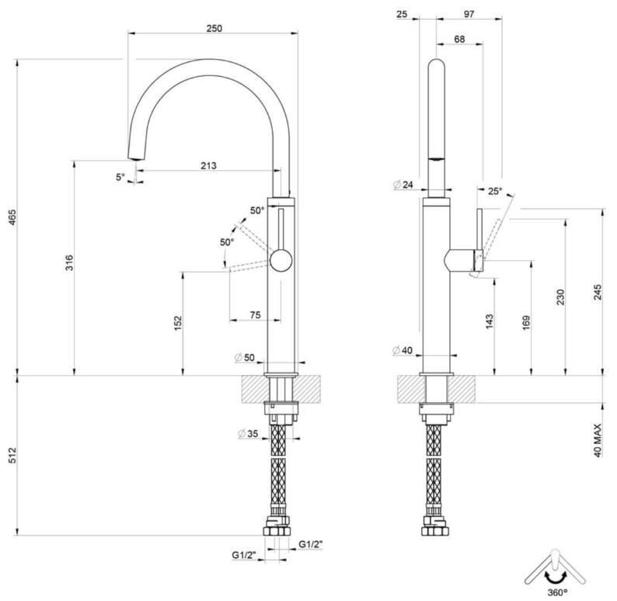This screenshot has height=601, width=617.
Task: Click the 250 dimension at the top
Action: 214,28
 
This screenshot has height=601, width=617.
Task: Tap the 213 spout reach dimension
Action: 207,165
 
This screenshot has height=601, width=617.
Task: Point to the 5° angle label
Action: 120,177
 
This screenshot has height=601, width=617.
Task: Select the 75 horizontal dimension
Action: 254,314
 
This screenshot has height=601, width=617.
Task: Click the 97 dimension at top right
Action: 469,14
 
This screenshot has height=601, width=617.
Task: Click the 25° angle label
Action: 495,190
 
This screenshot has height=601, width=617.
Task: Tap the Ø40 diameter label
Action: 403,350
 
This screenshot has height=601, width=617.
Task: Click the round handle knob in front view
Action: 280,259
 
